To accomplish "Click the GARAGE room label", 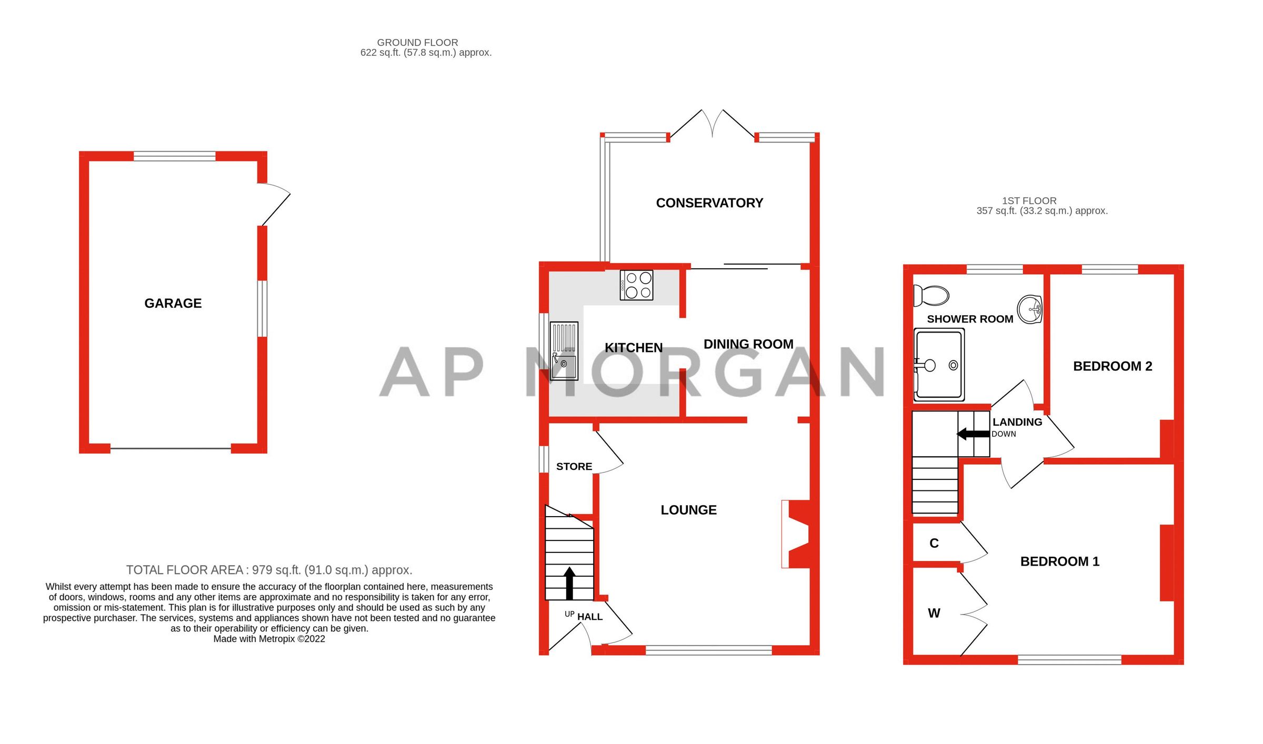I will click(x=173, y=303).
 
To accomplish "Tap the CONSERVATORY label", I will click(x=709, y=203).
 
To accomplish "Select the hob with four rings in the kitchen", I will click(x=636, y=285).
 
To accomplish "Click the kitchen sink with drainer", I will click(x=564, y=350).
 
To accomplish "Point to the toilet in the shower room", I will click(x=931, y=296).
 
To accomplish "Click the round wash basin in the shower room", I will click(x=1030, y=310).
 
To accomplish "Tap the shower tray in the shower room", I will click(x=939, y=364).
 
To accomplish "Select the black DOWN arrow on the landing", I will click(x=973, y=434).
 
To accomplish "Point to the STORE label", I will click(x=574, y=466).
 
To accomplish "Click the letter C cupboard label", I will click(x=934, y=543).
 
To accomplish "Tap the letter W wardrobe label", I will click(x=934, y=613).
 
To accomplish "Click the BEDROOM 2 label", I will click(x=1112, y=366).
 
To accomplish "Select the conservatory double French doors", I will click(x=712, y=124).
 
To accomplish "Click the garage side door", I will click(x=275, y=205).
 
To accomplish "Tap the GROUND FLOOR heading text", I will click(x=417, y=42).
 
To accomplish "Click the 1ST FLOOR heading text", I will click(x=1029, y=200).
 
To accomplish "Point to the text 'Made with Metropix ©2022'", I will click(x=269, y=639).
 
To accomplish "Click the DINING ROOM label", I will click(x=748, y=344).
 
